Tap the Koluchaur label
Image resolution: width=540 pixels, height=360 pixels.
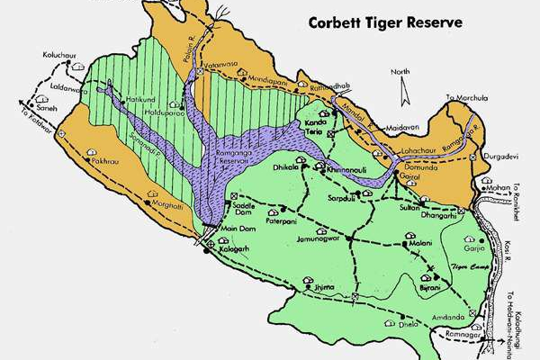59,56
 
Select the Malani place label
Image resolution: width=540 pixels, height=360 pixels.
420,244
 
